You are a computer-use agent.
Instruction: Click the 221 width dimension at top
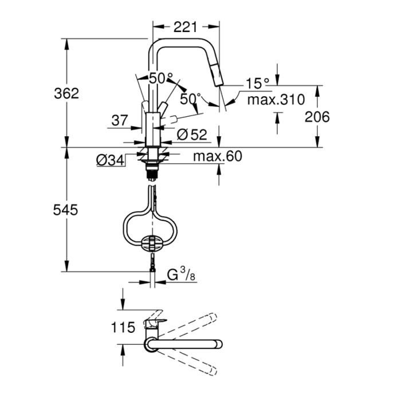[x=185, y=26]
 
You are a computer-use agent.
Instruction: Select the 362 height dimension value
[x=66, y=93]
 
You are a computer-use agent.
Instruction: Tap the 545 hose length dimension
[x=66, y=210]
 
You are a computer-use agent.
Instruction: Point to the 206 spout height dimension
[x=317, y=117]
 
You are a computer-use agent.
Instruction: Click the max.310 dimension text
[x=275, y=100]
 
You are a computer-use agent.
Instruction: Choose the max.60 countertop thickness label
[x=217, y=156]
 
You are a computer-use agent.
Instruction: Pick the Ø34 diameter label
[x=111, y=161]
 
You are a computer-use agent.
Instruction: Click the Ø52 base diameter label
[x=191, y=135]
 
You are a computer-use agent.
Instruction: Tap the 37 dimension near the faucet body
[x=119, y=120]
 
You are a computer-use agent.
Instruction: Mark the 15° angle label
[x=257, y=84]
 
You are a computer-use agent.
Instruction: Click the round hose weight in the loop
[x=152, y=242]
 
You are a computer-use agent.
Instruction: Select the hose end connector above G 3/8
[x=152, y=263]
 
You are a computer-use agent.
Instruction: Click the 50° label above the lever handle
[x=161, y=78]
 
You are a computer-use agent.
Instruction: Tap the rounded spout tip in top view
[x=217, y=344]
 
